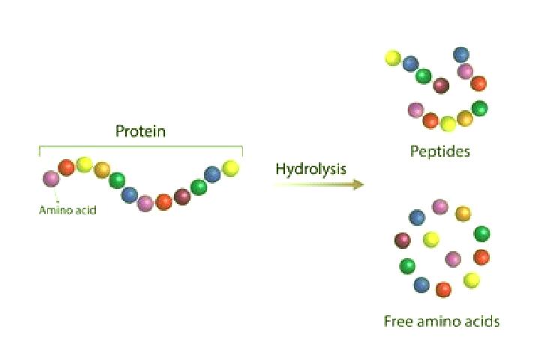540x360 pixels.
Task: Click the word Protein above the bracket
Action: tap(140, 131)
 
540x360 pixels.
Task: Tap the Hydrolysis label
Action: tap(311, 169)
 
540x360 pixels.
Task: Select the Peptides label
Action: tap(439, 151)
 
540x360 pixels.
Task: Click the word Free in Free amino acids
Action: tap(398, 321)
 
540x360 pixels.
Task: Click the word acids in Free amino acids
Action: tap(481, 321)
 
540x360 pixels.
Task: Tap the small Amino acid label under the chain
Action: tap(67, 210)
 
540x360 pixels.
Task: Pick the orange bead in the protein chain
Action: tap(102, 169)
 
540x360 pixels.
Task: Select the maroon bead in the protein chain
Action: tap(182, 196)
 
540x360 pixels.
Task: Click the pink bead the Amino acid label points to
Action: tap(51, 178)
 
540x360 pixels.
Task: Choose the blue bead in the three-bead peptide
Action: tap(461, 55)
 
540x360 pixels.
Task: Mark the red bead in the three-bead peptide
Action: tap(478, 83)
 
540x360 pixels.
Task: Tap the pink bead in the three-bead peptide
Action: tap(465, 71)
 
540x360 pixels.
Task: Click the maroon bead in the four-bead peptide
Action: tap(441, 85)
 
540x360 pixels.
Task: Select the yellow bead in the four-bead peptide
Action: tap(393, 58)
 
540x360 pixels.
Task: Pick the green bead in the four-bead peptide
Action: tap(424, 76)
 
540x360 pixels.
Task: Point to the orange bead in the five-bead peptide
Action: tap(465, 118)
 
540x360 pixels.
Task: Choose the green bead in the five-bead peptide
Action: tap(479, 109)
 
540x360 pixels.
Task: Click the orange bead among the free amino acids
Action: tap(463, 214)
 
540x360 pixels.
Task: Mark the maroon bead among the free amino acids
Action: tap(402, 241)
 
